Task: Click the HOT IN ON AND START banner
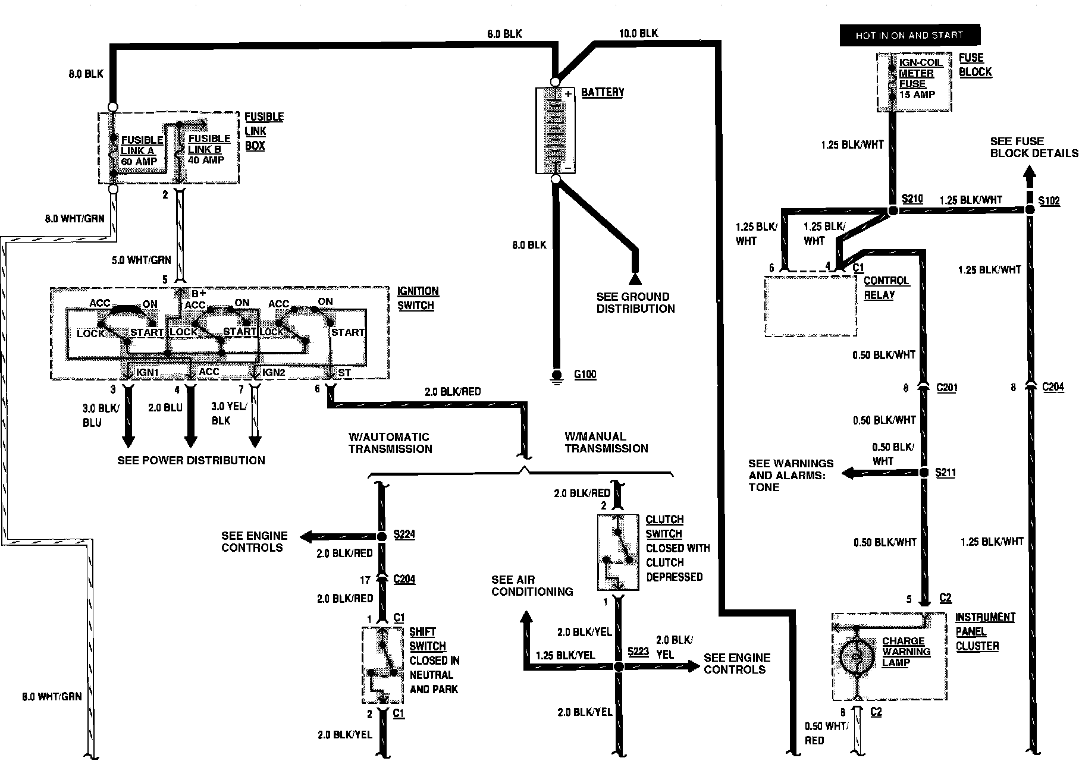tap(909, 35)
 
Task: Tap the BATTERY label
tap(602, 92)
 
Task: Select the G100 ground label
tap(585, 375)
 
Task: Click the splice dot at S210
tap(892, 210)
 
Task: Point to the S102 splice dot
tap(1030, 210)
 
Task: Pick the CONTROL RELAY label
tap(886, 288)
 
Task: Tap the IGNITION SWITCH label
tap(418, 298)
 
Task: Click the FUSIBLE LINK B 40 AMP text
tap(208, 149)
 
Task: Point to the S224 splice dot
tap(382, 537)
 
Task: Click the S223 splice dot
tap(619, 667)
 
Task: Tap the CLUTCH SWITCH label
tap(664, 526)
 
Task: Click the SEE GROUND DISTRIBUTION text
tap(635, 303)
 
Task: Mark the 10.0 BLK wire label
tap(638, 33)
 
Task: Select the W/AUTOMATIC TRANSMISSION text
tap(390, 443)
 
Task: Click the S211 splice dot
tap(924, 473)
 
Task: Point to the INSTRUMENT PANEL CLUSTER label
tap(985, 631)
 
